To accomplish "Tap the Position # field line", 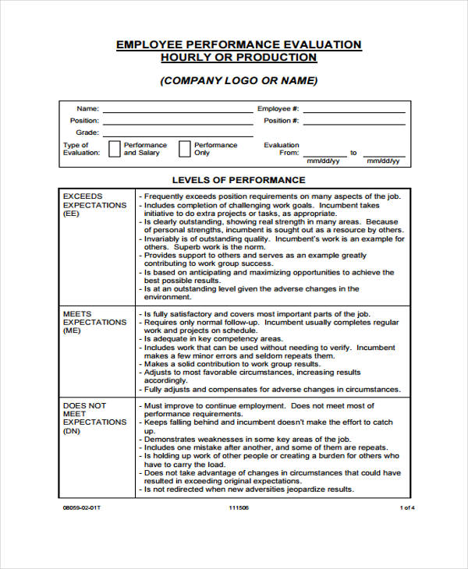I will [354, 123].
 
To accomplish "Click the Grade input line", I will [178, 135].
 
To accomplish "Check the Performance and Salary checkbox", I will [114, 149].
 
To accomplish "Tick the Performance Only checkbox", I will [185, 149].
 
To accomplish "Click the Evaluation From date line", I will [324, 154].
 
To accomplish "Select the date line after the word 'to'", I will [383, 154].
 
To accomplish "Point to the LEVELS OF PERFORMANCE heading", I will [239, 180].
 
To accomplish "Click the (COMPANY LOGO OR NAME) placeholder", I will [239, 81].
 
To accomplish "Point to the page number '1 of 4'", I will [407, 507].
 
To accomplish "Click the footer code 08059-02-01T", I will [82, 507].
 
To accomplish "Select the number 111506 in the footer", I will [238, 507].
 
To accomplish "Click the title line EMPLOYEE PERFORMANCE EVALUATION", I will [239, 44].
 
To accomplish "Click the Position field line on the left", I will [178, 123].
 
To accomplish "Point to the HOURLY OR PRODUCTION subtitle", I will [239, 58].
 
